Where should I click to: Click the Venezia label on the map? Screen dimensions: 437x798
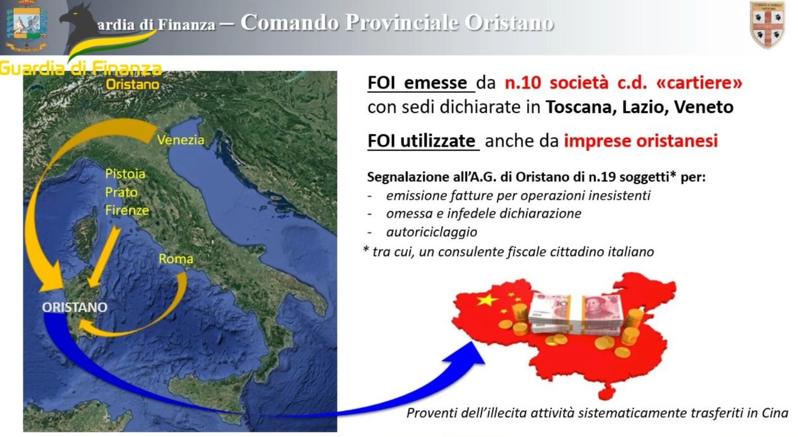[180, 140]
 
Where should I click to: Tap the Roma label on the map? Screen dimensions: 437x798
[176, 259]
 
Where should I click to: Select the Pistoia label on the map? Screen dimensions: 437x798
[125, 174]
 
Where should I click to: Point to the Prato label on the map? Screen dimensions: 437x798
[121, 192]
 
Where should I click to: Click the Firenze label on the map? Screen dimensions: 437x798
[127, 211]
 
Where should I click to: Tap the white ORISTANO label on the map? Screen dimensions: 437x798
[75, 307]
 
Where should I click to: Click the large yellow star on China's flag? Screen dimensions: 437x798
[485, 300]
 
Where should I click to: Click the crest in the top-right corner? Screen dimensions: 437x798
[768, 25]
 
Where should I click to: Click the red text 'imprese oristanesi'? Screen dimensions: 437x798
[641, 141]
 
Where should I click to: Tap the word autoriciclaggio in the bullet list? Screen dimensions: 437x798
[431, 232]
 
